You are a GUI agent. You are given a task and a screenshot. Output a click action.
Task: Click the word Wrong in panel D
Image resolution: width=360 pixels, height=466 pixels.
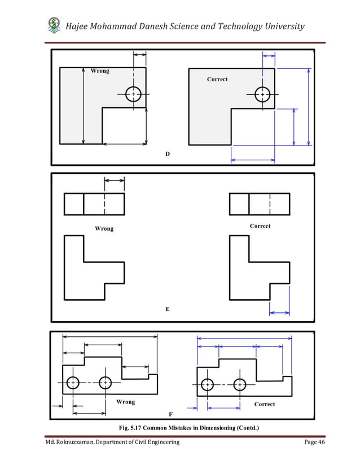pos(100,71)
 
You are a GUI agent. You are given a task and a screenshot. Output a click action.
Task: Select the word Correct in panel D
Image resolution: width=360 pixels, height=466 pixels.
pos(217,79)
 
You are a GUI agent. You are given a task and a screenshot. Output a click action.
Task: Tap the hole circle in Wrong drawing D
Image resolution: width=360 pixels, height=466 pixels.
pos(133,94)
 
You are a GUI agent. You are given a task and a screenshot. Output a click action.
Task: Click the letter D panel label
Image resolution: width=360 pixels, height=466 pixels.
pos(167,153)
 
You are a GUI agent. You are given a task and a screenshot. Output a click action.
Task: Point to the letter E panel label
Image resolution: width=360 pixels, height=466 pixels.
pos(167,309)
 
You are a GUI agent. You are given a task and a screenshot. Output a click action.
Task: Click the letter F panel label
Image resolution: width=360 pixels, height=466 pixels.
pos(170,414)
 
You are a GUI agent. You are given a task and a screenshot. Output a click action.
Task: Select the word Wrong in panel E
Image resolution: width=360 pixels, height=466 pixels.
pos(104,228)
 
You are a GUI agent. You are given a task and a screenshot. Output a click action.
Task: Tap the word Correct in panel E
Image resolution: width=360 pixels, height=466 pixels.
pos(260,226)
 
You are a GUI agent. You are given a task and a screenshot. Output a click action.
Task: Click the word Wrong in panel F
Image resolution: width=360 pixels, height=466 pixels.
pos(125,402)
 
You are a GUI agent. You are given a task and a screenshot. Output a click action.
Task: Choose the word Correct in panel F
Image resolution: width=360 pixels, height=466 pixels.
pos(265,404)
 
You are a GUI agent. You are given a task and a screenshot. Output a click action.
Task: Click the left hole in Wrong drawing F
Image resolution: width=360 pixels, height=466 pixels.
pos(73,383)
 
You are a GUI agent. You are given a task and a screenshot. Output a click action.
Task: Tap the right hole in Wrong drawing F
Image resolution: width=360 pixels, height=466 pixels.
pos(106,383)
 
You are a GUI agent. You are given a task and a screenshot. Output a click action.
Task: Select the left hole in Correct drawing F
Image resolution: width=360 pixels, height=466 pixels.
pos(208,385)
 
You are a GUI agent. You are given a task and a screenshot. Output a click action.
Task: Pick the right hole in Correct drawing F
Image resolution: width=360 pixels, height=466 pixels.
pos(240,385)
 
